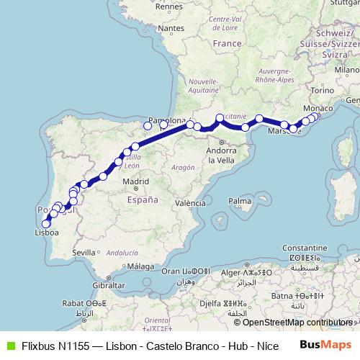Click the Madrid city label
click(x=135, y=181)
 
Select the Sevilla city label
click(x=84, y=252)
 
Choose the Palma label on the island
click(x=238, y=201)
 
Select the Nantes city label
click(x=170, y=28)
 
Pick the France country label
click(x=227, y=44)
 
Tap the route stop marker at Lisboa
click(x=46, y=224)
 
